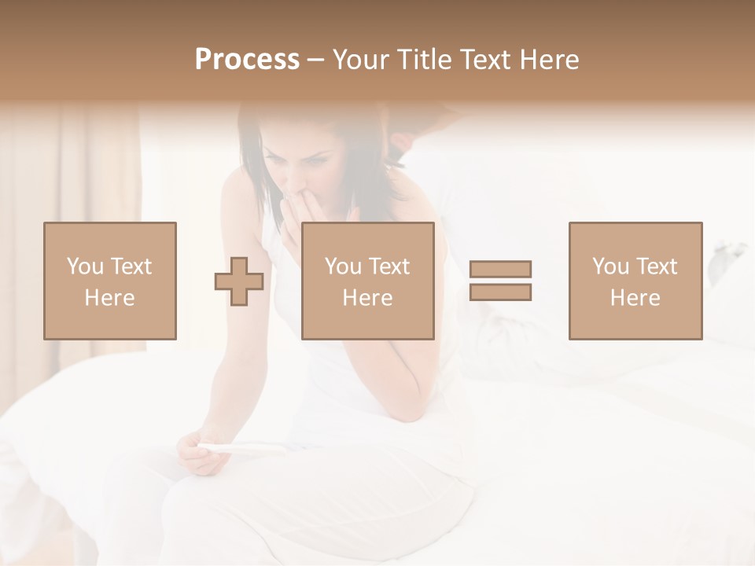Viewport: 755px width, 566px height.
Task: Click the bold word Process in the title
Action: (247, 59)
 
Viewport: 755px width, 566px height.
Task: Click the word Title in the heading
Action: (422, 59)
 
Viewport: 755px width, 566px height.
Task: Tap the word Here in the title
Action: (550, 59)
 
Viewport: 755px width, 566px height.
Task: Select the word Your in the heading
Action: (360, 59)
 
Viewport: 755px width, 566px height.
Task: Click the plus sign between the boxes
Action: (239, 281)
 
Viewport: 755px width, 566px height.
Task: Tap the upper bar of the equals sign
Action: (500, 269)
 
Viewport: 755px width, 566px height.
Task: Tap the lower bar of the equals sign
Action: (500, 292)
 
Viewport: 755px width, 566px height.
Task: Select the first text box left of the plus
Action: (110, 281)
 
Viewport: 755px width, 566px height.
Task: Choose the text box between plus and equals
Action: (368, 281)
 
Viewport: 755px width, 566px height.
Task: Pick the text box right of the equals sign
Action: (635, 281)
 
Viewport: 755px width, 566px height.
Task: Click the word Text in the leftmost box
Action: (131, 266)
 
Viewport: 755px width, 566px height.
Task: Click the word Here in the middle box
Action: (368, 298)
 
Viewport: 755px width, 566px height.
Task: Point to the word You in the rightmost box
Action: (611, 266)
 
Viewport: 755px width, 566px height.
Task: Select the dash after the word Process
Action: (316, 60)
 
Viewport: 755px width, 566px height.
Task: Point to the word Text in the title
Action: (485, 59)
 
